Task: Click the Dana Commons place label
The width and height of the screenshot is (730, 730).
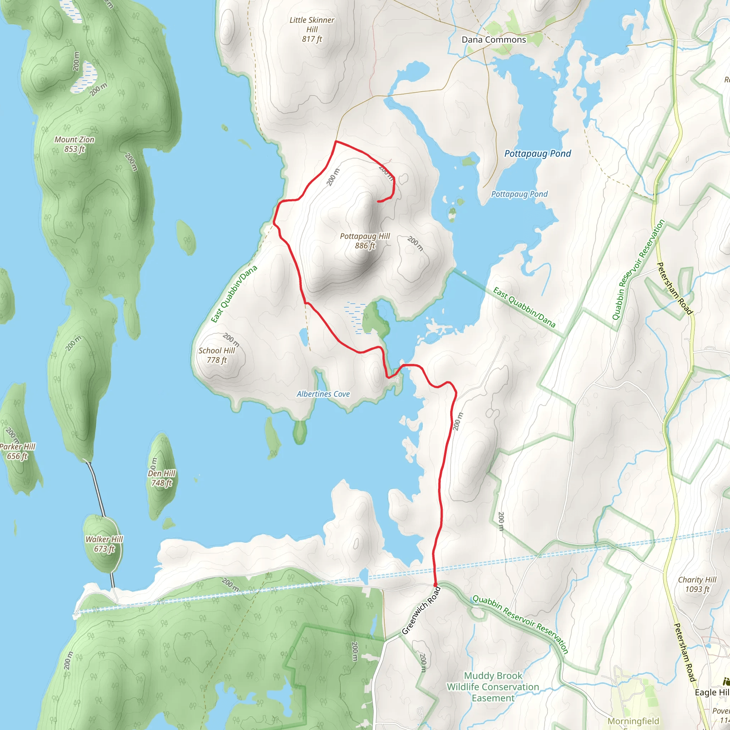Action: coord(493,40)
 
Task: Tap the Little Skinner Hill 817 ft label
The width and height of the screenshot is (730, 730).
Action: coord(312,30)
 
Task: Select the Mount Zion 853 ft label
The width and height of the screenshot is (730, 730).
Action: coord(74,144)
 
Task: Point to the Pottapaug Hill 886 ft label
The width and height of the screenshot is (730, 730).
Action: coord(365,241)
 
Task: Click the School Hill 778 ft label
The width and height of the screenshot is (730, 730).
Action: coord(216,355)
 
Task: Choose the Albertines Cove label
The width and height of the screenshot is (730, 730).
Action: coord(323,394)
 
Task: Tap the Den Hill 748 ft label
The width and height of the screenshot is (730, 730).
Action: coord(162,478)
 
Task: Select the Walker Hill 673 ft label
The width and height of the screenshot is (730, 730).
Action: coord(104,544)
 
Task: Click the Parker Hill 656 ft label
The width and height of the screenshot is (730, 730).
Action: coord(17,452)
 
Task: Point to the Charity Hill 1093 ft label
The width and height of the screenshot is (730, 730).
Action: coord(697,584)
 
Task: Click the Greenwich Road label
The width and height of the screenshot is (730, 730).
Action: coord(421,610)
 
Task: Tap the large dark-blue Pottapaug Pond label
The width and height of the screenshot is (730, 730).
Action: coord(537,153)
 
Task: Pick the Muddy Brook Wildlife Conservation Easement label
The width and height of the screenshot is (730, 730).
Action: coord(493,687)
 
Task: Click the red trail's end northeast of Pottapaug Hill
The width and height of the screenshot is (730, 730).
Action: coord(378,202)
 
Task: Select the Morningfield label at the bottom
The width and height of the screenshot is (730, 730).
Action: coord(633,721)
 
